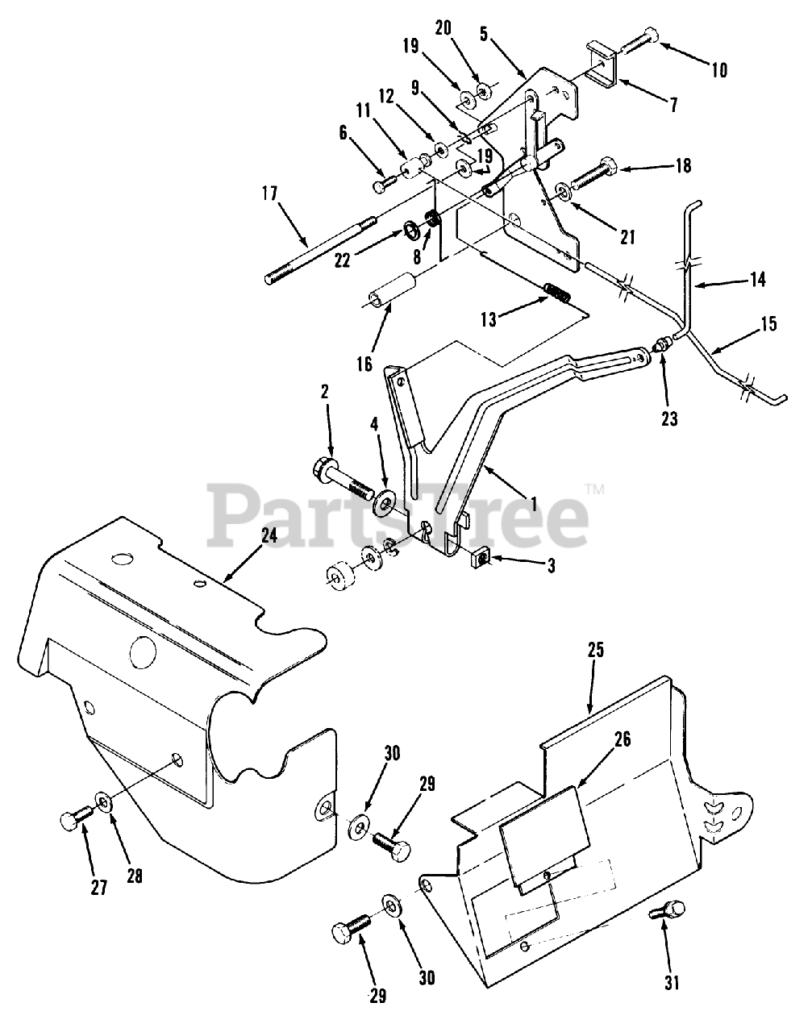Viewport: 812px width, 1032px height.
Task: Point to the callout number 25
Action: tap(596, 650)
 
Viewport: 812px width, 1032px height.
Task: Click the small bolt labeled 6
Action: tap(382, 185)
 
